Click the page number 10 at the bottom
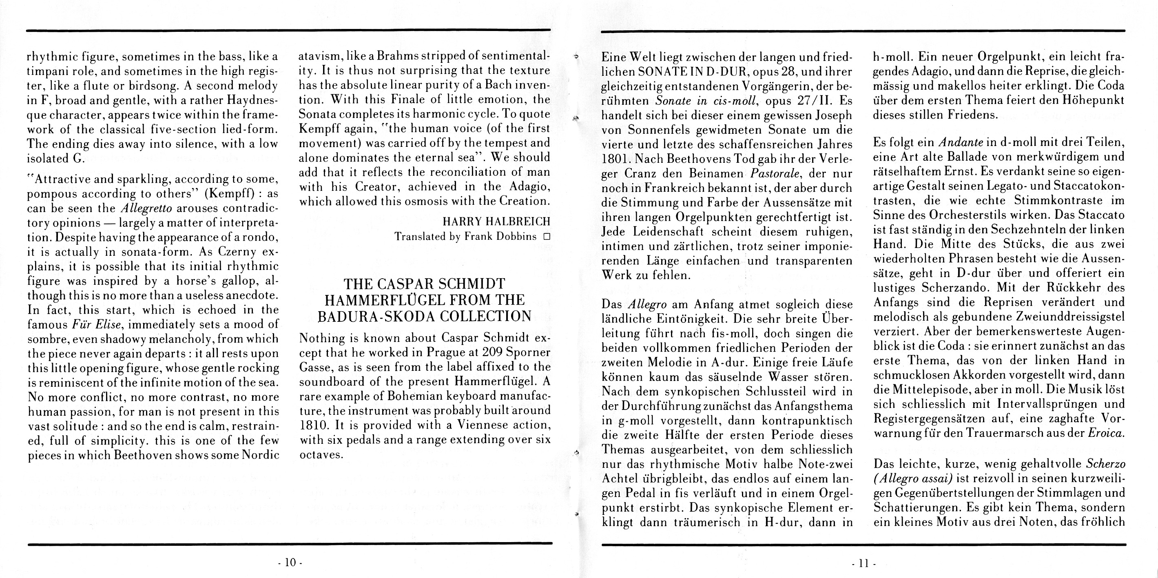[290, 562]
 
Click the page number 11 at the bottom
[863, 563]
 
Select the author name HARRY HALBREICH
[496, 221]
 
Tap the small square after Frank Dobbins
[547, 237]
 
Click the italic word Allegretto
[147, 208]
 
